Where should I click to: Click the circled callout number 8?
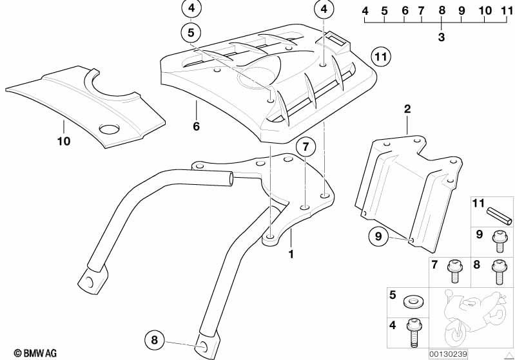(x=154, y=340)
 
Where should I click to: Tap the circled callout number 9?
(x=378, y=236)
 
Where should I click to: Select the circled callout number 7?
(x=306, y=147)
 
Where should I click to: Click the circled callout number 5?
(x=191, y=32)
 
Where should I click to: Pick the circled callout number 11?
(x=381, y=57)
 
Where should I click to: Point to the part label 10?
(x=64, y=142)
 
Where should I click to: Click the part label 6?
(x=197, y=126)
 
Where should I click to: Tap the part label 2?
(x=407, y=109)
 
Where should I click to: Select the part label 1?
(x=291, y=254)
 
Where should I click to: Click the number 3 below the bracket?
(x=442, y=37)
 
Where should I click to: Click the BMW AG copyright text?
(x=35, y=353)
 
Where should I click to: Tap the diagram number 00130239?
(x=448, y=354)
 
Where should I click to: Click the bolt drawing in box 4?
(x=413, y=333)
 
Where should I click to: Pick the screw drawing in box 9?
(x=498, y=242)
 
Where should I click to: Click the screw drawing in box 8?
(x=498, y=272)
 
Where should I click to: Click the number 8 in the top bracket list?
(x=442, y=10)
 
